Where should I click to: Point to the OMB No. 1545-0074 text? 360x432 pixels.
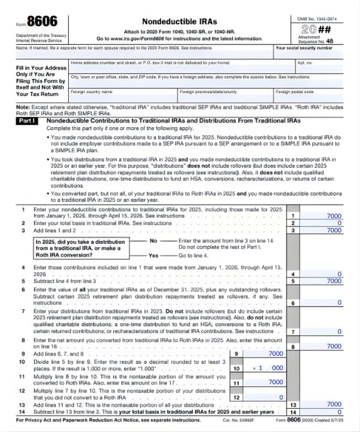[322, 8]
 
